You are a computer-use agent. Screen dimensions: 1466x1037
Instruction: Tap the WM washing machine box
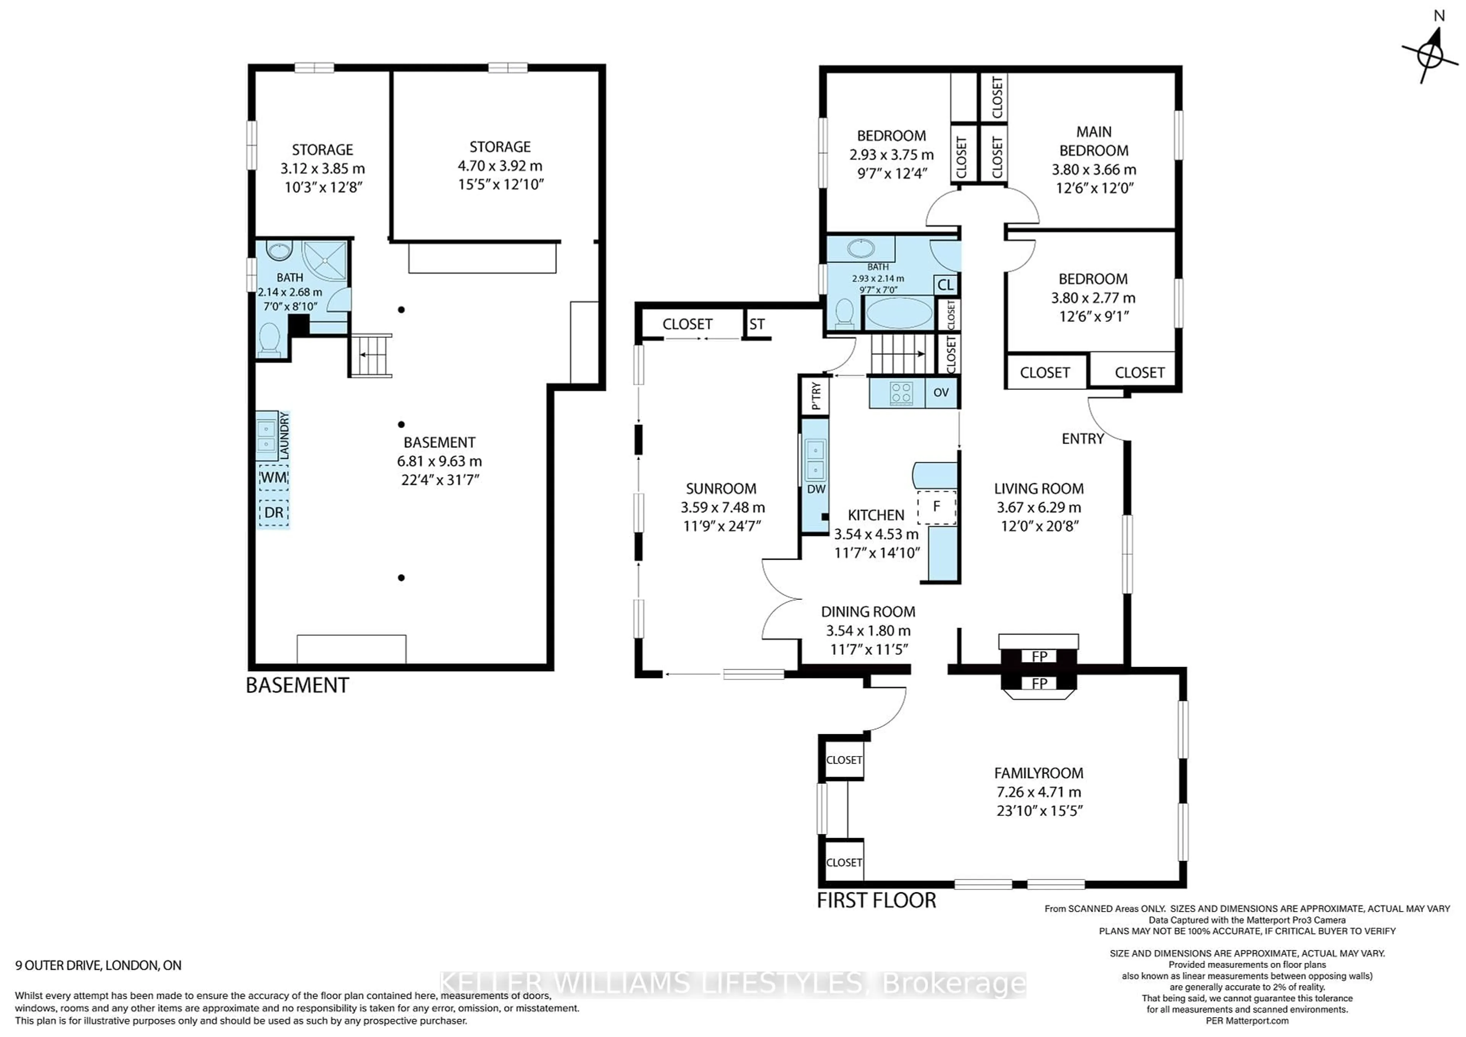pyautogui.click(x=274, y=478)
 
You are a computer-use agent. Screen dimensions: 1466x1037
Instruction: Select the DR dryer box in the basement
pyautogui.click(x=274, y=512)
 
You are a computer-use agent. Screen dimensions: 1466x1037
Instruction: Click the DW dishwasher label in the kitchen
pyautogui.click(x=816, y=489)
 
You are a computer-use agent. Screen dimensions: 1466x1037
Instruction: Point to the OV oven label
pyautogui.click(x=941, y=392)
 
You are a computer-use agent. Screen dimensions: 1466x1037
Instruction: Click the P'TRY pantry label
pyautogui.click(x=815, y=396)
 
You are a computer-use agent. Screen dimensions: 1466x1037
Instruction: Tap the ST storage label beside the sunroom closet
pyautogui.click(x=757, y=325)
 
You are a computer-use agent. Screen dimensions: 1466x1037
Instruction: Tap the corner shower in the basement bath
pyautogui.click(x=325, y=262)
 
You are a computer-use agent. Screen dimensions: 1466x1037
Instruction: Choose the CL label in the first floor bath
pyautogui.click(x=946, y=285)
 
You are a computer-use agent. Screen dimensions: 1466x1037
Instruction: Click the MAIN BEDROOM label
pyautogui.click(x=1094, y=141)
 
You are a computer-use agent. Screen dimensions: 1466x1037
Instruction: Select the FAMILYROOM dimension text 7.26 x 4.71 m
pyautogui.click(x=1039, y=792)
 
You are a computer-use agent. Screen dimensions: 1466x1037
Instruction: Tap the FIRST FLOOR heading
pyautogui.click(x=877, y=900)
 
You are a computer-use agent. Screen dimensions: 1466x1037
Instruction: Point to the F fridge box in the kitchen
pyautogui.click(x=937, y=507)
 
